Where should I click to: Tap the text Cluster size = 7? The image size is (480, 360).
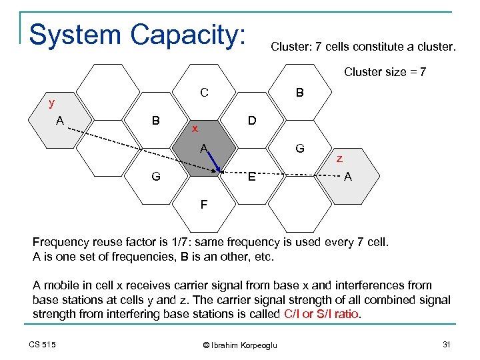[x=385, y=72]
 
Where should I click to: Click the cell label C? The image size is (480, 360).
[x=205, y=93]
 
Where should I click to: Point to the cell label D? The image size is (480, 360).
[x=251, y=121]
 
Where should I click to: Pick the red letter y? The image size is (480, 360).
[x=51, y=103]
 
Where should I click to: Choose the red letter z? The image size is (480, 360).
[x=339, y=159]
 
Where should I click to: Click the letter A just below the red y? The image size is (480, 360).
[x=60, y=121]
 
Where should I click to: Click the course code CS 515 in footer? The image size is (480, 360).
[x=42, y=344]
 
